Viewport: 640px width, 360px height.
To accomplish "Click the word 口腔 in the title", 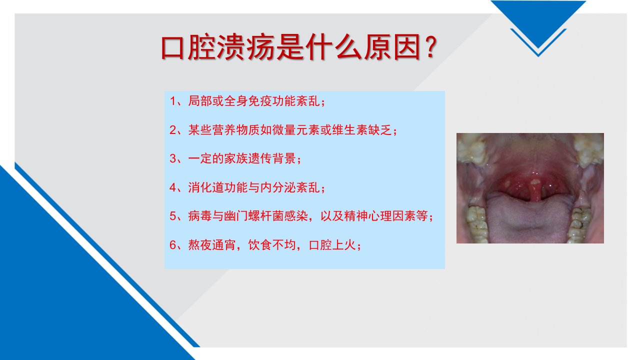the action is click(188, 47).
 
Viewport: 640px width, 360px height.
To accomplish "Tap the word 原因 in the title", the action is click(392, 47).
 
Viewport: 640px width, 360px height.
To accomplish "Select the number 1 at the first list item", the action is click(172, 101).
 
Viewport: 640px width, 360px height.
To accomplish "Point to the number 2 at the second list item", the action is click(173, 130).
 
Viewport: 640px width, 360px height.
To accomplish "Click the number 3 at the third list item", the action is click(173, 159).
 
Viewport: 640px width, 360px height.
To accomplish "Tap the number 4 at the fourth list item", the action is click(173, 187).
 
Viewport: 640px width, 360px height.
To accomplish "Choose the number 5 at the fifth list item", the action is click(173, 216).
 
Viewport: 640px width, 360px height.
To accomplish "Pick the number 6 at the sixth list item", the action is click(173, 245).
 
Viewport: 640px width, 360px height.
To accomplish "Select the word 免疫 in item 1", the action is click(260, 101).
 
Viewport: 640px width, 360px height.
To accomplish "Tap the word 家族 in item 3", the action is click(236, 158).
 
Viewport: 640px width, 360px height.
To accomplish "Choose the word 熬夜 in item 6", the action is click(200, 245).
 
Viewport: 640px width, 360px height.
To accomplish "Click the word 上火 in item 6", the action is click(344, 245).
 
